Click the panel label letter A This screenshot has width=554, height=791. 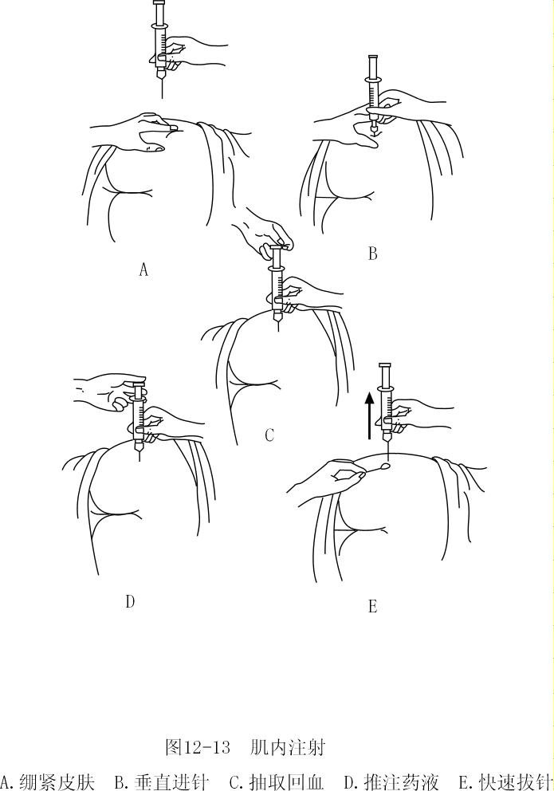[x=143, y=270]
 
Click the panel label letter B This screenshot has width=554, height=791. [x=372, y=254]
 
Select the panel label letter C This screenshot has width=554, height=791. [x=269, y=435]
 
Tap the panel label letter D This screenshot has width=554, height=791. [x=130, y=602]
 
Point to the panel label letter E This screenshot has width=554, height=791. [x=372, y=607]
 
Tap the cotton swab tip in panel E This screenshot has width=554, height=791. [x=386, y=467]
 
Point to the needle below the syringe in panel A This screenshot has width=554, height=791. [x=162, y=86]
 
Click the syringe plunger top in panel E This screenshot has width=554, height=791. [x=386, y=365]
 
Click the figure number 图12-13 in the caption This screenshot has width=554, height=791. [x=197, y=748]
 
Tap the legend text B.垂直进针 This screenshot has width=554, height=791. [x=162, y=781]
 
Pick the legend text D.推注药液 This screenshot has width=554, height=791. [x=391, y=781]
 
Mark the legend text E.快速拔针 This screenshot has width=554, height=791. [x=505, y=781]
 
